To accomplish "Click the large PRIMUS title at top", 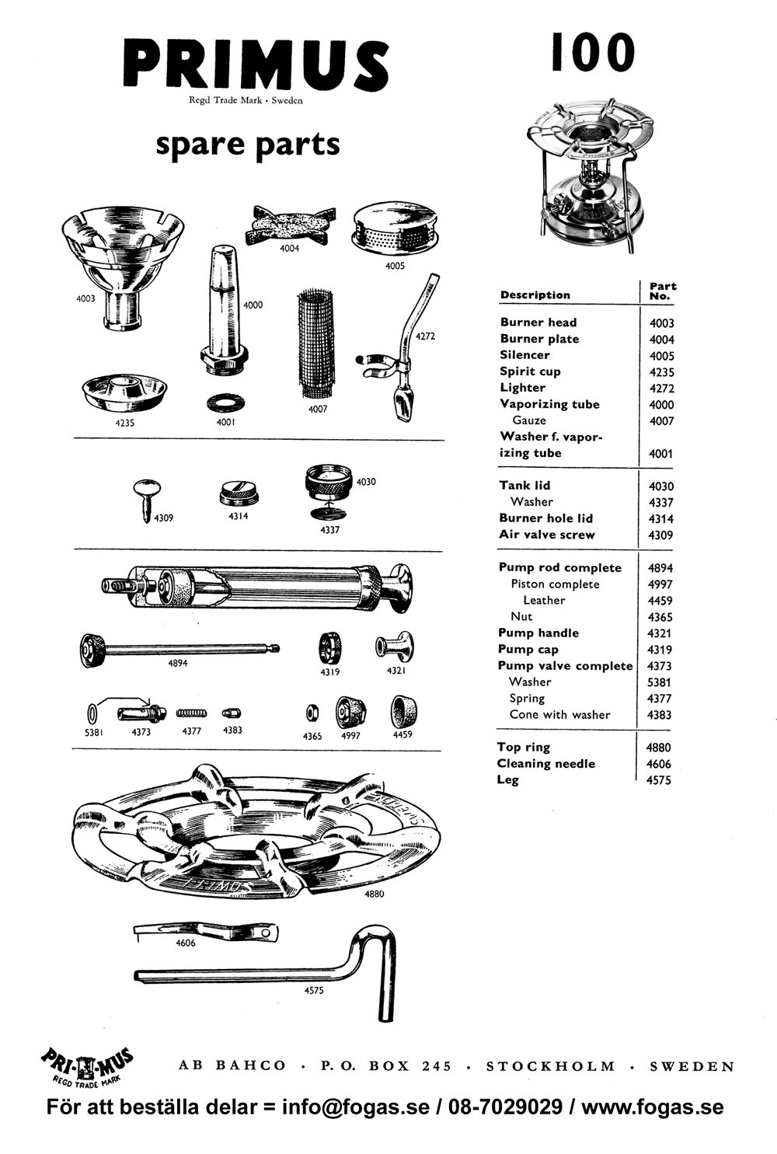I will tap(256, 65).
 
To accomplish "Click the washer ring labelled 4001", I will tap(225, 404).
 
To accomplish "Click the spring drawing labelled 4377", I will tap(191, 713).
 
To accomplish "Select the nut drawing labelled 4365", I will tap(311, 713).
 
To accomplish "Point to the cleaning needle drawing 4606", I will tap(206, 931).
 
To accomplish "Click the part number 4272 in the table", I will tap(661, 389).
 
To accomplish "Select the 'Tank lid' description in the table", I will tap(524, 486).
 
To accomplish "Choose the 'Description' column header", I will tap(535, 295).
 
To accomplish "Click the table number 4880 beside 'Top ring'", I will tap(658, 748).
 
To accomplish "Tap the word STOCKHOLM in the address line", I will tap(550, 1066).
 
